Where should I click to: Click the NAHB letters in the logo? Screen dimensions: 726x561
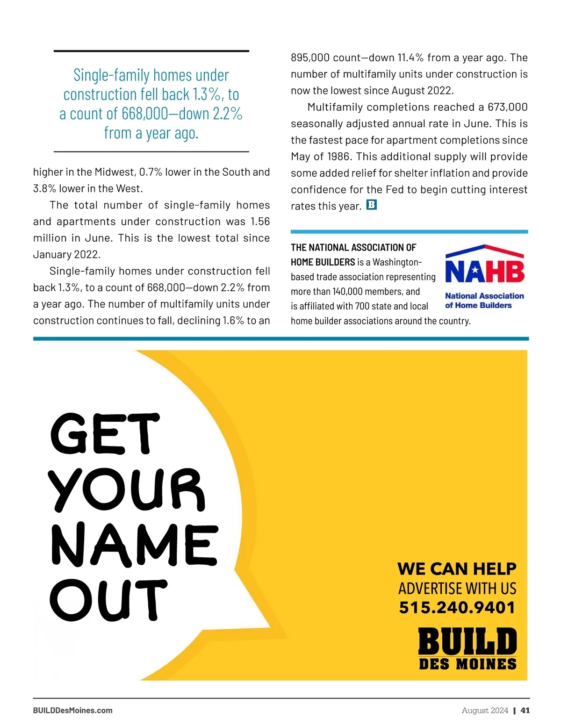(484, 272)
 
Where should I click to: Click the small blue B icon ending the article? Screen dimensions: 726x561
(371, 205)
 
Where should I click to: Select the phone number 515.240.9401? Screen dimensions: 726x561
(457, 607)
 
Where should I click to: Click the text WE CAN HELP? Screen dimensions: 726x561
(457, 569)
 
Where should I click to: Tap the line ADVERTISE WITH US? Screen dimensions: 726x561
(457, 588)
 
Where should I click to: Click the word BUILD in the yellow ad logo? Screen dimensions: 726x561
(467, 641)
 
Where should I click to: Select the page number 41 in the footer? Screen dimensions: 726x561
(525, 710)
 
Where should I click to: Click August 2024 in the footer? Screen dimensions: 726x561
(485, 710)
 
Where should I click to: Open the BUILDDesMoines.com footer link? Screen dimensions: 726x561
(73, 710)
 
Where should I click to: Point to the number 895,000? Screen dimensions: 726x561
(310, 58)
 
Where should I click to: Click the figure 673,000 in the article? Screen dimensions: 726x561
(507, 107)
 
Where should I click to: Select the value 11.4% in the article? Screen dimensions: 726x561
(410, 58)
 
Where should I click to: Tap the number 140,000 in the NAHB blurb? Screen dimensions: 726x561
(347, 292)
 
